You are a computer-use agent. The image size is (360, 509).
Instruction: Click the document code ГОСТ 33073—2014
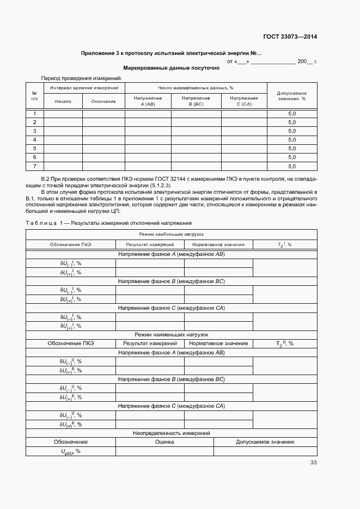(291, 37)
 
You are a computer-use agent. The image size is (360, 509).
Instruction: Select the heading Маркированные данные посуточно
(171, 69)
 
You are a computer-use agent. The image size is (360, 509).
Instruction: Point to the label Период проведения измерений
(82, 78)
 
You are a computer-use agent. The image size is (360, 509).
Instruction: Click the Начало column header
(63, 101)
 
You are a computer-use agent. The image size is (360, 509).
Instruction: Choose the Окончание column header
(103, 101)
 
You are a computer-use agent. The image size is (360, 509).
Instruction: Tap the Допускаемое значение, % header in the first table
(291, 96)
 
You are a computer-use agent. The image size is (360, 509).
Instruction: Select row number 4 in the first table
(34, 140)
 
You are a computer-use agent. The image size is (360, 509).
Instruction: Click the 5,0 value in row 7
(291, 166)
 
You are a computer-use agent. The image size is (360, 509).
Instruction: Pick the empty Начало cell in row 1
(63, 114)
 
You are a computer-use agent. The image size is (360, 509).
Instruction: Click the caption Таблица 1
(44, 223)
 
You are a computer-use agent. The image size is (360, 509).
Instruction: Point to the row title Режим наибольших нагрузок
(171, 234)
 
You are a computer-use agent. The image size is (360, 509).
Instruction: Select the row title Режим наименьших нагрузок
(171, 334)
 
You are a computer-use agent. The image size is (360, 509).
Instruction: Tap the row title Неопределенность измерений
(171, 433)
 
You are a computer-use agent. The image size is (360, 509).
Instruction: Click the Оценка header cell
(164, 442)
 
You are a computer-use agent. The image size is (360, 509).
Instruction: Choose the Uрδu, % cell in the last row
(70, 451)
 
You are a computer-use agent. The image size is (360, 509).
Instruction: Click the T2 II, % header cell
(284, 344)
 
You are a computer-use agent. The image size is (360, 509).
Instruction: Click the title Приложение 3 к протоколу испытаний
(171, 53)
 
